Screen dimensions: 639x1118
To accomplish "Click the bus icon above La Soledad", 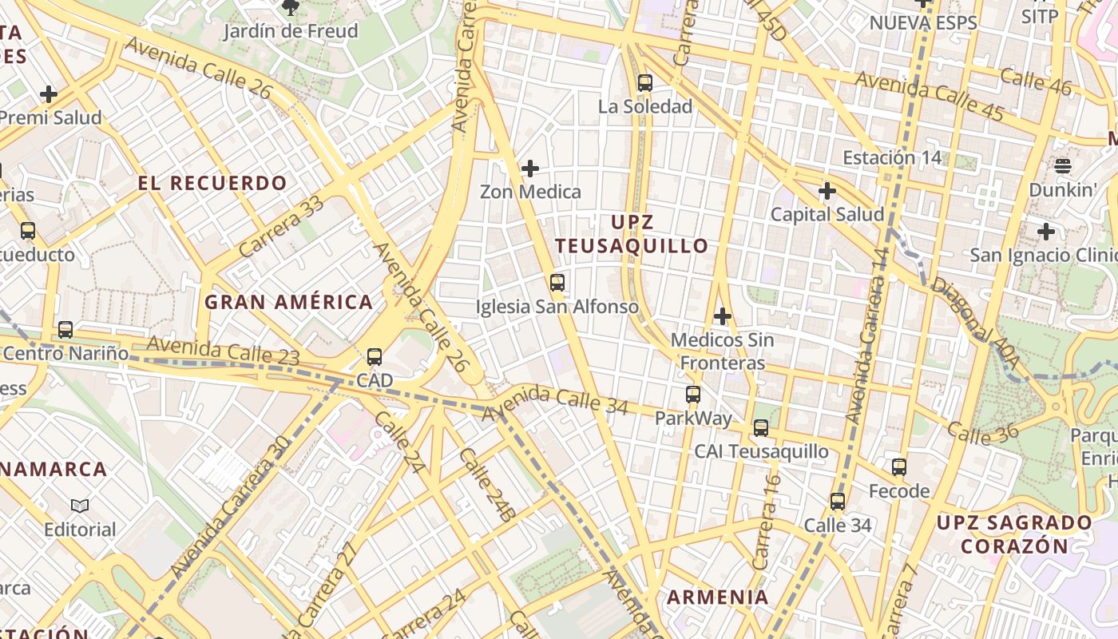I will [645, 82].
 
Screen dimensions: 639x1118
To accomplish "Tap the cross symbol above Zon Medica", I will [529, 169].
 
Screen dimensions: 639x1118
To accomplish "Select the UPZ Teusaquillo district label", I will [632, 233].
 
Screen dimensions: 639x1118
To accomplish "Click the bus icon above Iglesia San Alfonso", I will [557, 282].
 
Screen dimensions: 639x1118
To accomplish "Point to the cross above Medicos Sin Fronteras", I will [723, 316].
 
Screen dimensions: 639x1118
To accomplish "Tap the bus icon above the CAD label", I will [375, 357].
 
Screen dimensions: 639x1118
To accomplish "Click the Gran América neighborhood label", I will [288, 302].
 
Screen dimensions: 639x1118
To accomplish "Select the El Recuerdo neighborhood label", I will [212, 183].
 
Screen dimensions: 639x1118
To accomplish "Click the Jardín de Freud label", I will [291, 32].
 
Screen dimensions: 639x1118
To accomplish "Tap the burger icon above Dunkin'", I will [1062, 166].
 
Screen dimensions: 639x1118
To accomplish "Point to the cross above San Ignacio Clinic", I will [1045, 232].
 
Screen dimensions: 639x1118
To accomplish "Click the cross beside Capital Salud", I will [827, 191].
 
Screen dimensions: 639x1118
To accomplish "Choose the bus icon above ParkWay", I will [693, 394].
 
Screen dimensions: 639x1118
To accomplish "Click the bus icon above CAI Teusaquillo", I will [761, 428].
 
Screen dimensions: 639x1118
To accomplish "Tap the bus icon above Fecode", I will [899, 466].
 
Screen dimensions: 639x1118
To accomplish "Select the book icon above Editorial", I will [80, 506].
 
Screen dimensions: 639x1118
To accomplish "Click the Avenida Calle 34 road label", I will [554, 399].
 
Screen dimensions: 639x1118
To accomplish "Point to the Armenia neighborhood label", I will [718, 597].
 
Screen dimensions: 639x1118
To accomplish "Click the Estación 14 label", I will [892, 157].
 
